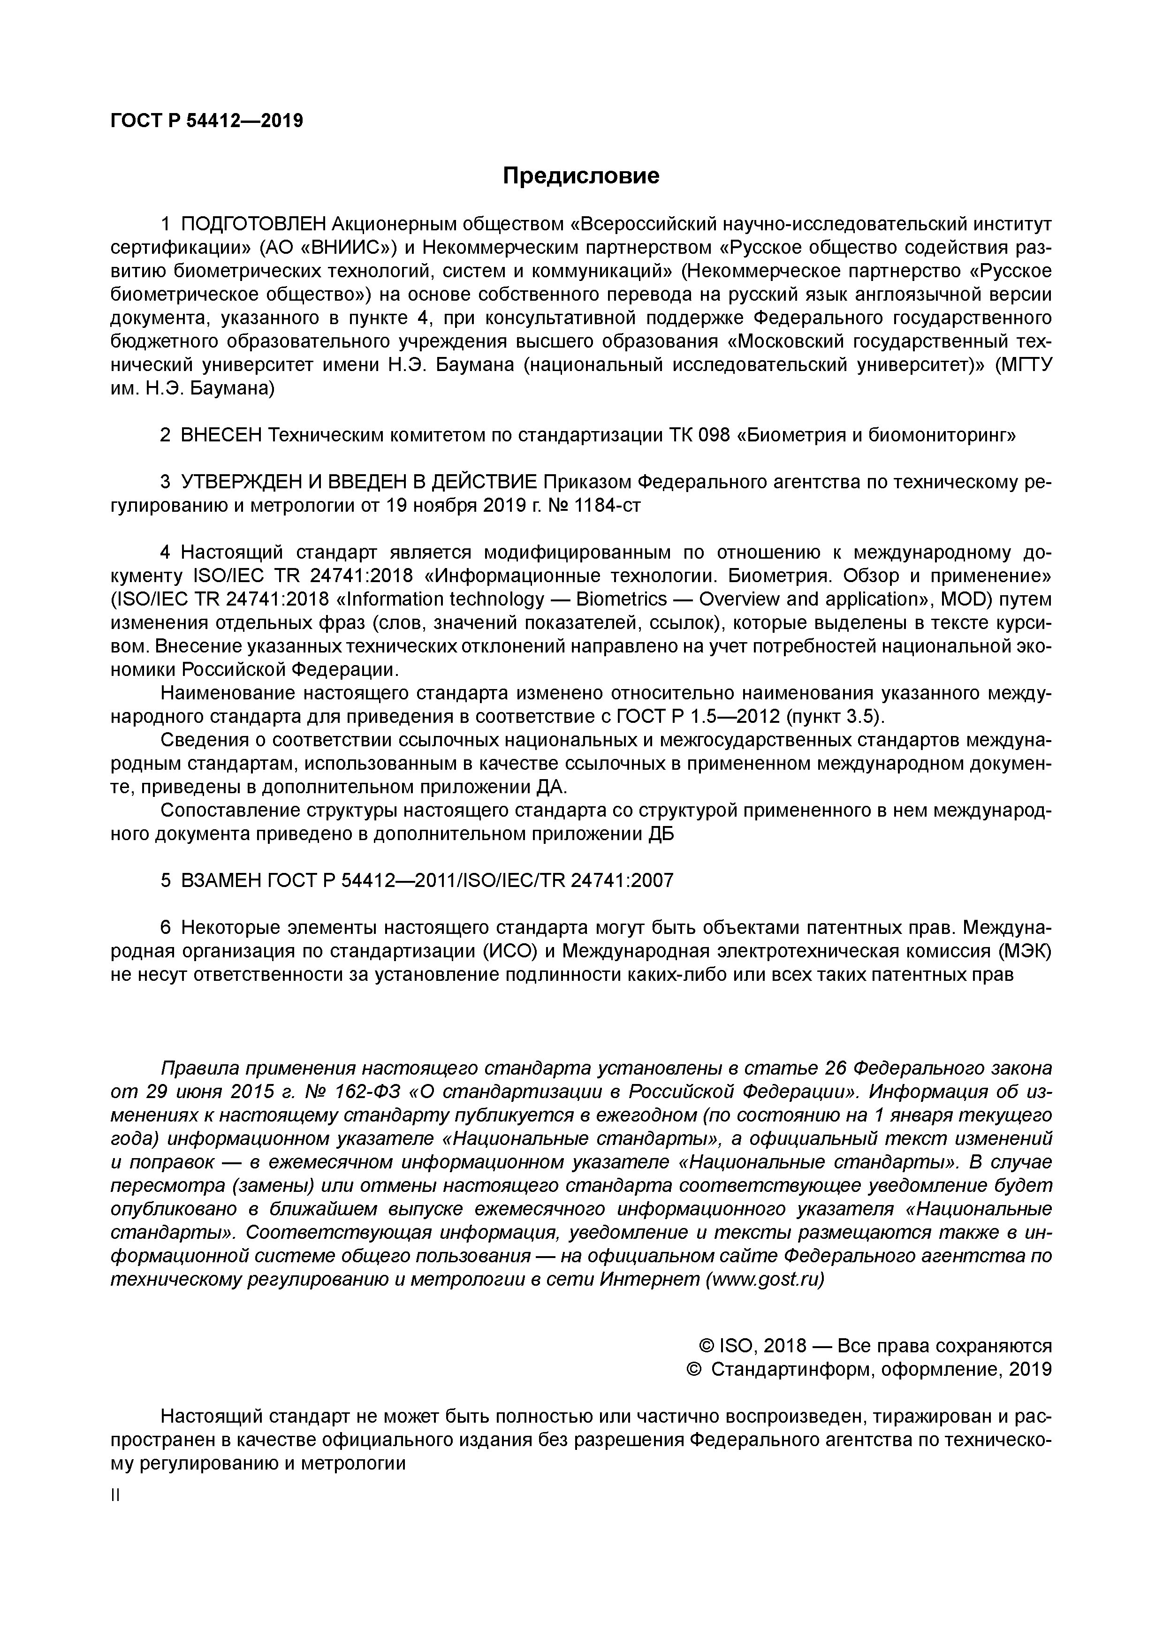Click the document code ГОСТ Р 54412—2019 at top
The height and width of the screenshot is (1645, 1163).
206,121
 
